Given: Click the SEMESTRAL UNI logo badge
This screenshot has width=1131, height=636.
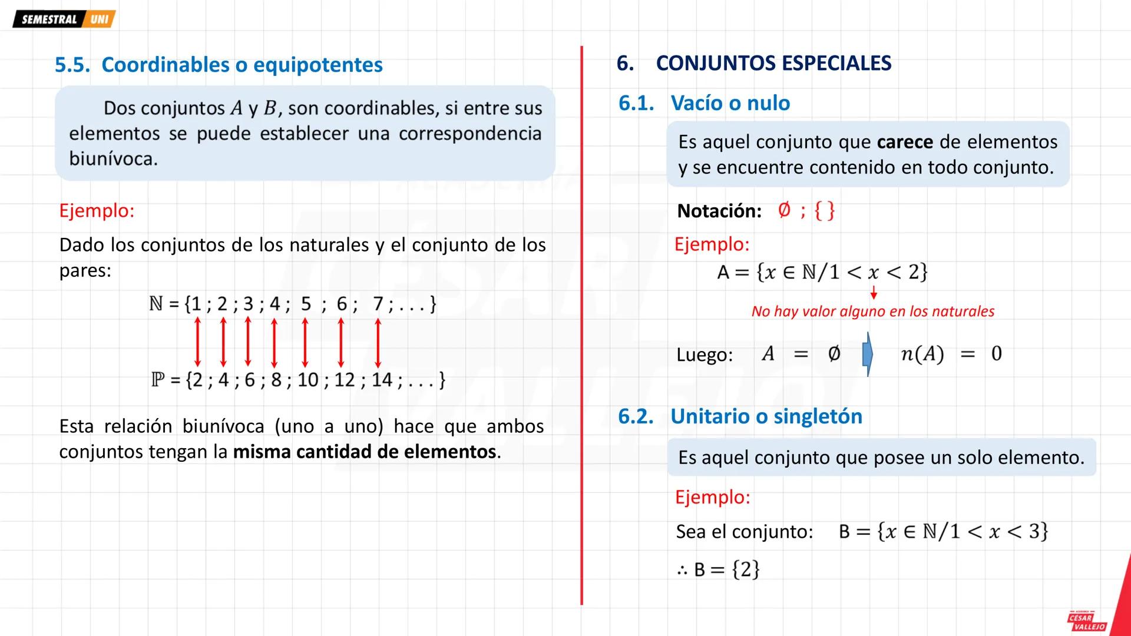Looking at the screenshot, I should pyautogui.click(x=64, y=19).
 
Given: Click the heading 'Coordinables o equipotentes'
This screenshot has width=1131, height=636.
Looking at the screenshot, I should pyautogui.click(x=242, y=65).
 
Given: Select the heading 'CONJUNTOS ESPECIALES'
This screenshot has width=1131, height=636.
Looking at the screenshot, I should pyautogui.click(x=773, y=63).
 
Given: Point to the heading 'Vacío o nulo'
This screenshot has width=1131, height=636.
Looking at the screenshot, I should pyautogui.click(x=730, y=103).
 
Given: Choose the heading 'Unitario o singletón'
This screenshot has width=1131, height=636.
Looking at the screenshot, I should pyautogui.click(x=766, y=416).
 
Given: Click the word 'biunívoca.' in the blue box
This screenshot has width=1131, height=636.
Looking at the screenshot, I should pyautogui.click(x=113, y=158).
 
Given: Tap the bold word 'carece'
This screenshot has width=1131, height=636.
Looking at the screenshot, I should pyautogui.click(x=905, y=142).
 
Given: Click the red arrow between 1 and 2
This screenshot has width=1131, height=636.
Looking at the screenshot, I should pyautogui.click(x=198, y=342).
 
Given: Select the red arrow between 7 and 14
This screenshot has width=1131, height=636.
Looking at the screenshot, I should pyautogui.click(x=378, y=342).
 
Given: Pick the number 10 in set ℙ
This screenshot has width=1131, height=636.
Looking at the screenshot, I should pyautogui.click(x=308, y=380).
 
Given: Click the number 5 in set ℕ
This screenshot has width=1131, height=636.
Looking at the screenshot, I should pyautogui.click(x=306, y=304).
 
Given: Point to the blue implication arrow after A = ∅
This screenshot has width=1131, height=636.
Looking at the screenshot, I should pyautogui.click(x=867, y=354).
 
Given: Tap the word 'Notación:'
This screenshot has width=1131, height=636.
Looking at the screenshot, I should pyautogui.click(x=719, y=211).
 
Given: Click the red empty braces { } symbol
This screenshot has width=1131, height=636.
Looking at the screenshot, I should pyautogui.click(x=824, y=210).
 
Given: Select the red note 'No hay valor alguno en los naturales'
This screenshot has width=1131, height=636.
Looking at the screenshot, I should pyautogui.click(x=872, y=312).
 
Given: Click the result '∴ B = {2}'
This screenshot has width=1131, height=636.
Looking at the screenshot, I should pyautogui.click(x=718, y=569).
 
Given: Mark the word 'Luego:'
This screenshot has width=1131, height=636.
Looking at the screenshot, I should pyautogui.click(x=705, y=355).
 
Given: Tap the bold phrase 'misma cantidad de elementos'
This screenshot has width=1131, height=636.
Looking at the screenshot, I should pyautogui.click(x=365, y=452).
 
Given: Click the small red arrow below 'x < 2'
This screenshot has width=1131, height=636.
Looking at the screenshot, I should pyautogui.click(x=874, y=293).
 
